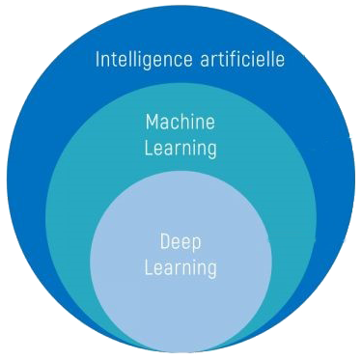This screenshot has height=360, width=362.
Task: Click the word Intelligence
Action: [x=140, y=60]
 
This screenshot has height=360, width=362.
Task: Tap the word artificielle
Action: [x=237, y=59]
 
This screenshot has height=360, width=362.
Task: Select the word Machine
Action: [x=180, y=123]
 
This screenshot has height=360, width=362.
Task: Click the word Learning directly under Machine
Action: [x=180, y=148]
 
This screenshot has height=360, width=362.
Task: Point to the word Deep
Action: [x=180, y=241]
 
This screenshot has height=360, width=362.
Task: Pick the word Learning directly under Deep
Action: [x=180, y=266]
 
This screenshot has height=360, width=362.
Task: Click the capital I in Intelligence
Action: [x=97, y=59]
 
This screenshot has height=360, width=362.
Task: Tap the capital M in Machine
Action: [x=152, y=123]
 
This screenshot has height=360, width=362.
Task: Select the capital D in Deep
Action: [x=164, y=240]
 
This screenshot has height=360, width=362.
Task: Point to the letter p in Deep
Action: [x=197, y=244]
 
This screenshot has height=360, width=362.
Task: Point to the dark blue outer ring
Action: [x=39, y=145]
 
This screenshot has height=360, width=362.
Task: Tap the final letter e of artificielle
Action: [x=280, y=61]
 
